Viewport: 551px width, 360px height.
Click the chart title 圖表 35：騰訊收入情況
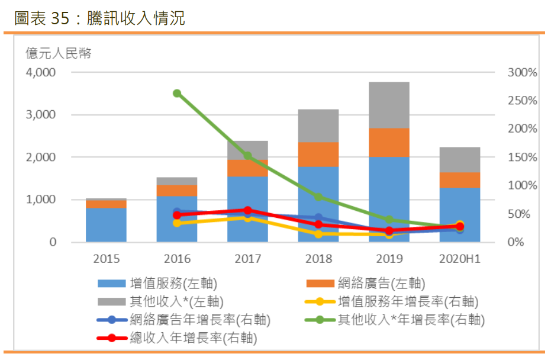99,18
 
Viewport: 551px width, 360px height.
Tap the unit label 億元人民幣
58,53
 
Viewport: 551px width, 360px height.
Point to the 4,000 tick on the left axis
40,73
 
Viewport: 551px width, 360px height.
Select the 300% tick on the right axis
523,73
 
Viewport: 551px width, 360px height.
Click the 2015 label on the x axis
106,259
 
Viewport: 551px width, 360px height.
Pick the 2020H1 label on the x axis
460,259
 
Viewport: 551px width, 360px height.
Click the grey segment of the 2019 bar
389,105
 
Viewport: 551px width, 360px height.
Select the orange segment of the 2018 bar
318,155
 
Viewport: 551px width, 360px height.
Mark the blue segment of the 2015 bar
106,225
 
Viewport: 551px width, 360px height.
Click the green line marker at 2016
177,94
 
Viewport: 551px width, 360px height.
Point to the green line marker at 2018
318,197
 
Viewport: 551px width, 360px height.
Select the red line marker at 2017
247,210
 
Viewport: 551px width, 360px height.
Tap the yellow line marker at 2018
318,234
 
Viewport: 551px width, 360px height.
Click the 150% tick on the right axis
523,157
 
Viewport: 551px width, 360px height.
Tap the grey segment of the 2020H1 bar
460,160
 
